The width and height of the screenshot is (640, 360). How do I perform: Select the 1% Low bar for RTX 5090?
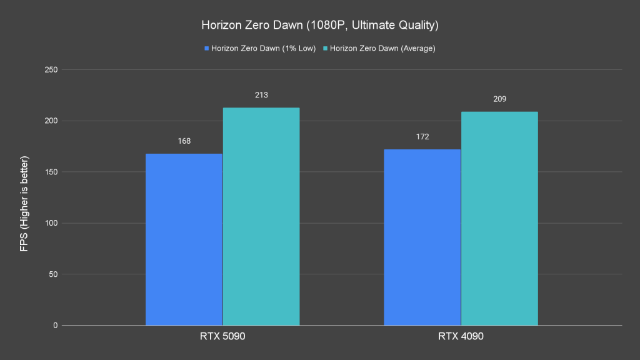[x=184, y=239]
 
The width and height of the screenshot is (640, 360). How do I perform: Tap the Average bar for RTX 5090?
[x=261, y=216]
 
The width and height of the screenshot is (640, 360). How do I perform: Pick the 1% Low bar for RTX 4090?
[x=422, y=237]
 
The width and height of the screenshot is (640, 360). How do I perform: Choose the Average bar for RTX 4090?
[x=499, y=218]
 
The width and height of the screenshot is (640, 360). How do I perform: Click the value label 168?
[x=184, y=141]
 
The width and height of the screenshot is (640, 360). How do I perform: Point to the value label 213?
[x=261, y=95]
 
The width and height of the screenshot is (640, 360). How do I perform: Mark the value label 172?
[x=422, y=137]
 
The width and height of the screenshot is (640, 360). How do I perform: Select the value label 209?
[x=499, y=99]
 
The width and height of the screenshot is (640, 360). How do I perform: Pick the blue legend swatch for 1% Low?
[x=207, y=48]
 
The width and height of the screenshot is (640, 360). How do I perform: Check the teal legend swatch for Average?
[x=325, y=48]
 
